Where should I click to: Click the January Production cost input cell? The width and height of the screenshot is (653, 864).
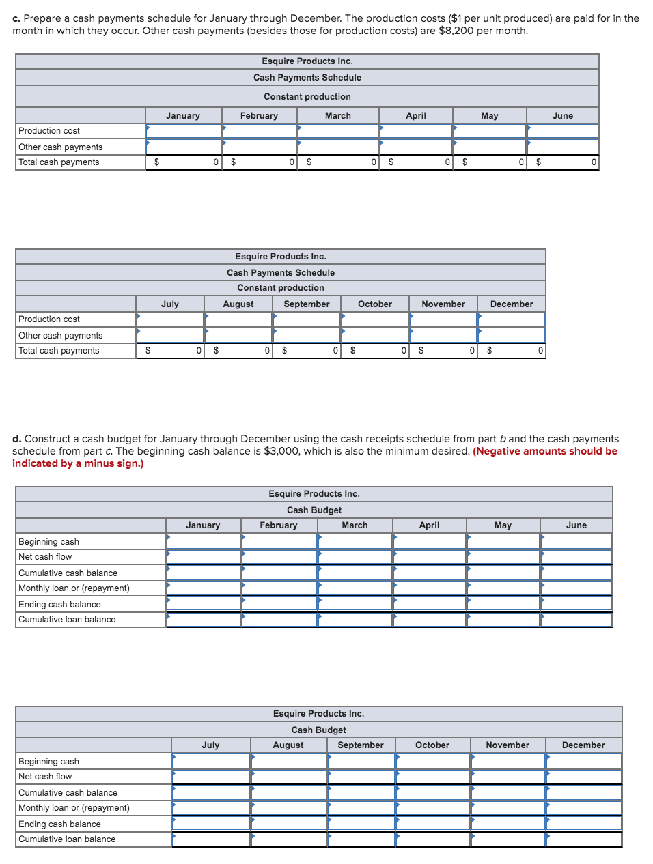pos(183,131)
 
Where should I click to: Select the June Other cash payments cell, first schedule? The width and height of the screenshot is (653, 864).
pos(562,147)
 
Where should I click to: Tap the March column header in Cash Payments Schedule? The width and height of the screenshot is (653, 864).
pos(337,116)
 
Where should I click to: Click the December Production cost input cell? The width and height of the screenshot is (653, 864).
pos(511,319)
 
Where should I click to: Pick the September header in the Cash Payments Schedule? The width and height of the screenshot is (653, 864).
pos(307,304)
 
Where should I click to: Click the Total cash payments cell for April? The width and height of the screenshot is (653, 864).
pos(415,162)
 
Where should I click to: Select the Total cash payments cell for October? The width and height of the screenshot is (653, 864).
pos(374,351)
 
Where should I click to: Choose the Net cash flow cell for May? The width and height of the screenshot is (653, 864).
pos(503,557)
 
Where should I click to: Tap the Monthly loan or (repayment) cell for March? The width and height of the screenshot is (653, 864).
pos(355,588)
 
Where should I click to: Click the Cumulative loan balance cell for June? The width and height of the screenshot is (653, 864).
pos(576,620)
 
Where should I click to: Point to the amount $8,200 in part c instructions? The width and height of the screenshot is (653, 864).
pos(456,31)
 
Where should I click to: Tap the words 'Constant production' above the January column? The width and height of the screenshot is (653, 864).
pos(307,97)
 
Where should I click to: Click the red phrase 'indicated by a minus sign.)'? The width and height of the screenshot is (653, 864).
pos(78,463)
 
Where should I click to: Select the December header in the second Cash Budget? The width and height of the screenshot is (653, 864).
pos(583,745)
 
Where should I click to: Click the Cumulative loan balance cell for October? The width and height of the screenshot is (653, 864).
pos(432,839)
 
